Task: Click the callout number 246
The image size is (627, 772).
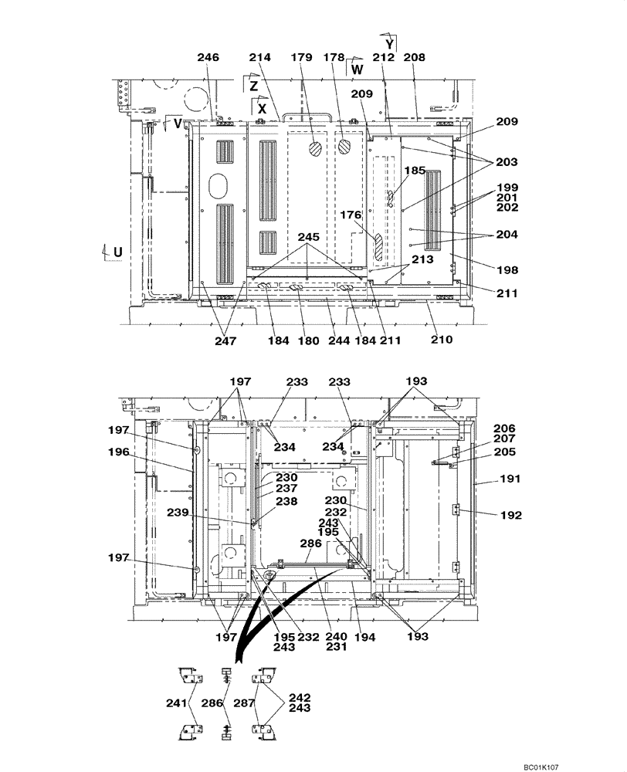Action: pos(208,58)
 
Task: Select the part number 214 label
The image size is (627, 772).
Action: pos(260,58)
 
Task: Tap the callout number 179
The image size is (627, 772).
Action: pos(301,58)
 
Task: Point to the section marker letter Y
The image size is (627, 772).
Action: pos(390,45)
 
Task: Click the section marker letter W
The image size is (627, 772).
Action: pos(357,69)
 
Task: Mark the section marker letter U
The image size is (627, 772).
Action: pos(117,252)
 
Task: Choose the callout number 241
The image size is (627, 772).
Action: pos(177,703)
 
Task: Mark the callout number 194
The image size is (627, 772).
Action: pos(365,637)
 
